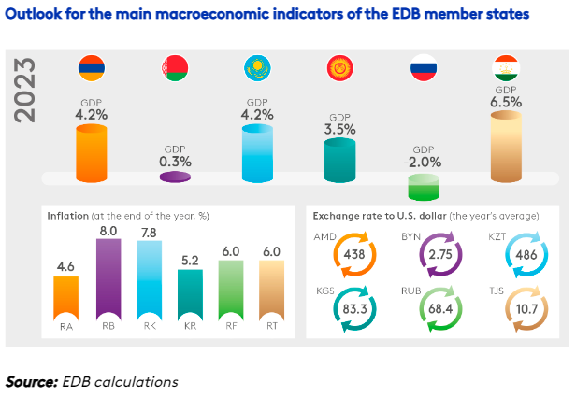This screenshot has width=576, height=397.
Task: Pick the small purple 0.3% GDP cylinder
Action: [x=175, y=174]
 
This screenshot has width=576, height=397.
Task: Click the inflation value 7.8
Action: [x=149, y=231]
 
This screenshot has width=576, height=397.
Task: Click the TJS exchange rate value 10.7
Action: [x=520, y=307]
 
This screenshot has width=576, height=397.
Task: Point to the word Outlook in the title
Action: [x=37, y=15]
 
